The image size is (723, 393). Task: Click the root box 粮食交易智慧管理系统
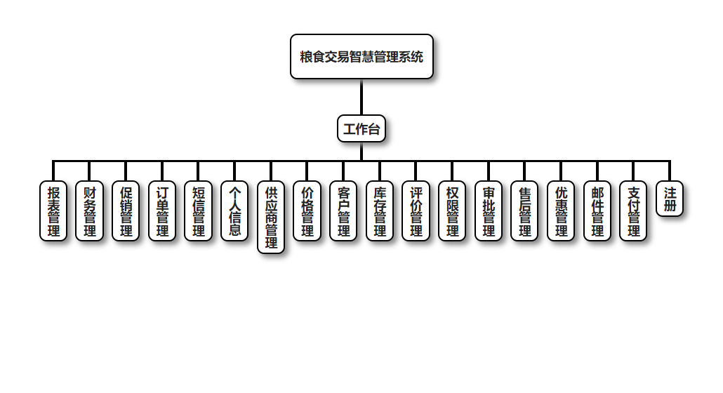click(x=361, y=57)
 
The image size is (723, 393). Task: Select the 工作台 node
click(x=361, y=128)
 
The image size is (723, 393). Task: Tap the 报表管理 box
click(x=53, y=211)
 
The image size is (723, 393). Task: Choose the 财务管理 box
click(x=90, y=211)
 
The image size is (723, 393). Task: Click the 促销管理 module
click(x=126, y=211)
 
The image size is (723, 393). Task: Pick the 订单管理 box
click(x=162, y=211)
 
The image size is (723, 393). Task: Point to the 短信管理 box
click(x=199, y=211)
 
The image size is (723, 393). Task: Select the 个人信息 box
click(x=234, y=211)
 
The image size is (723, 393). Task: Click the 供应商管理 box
click(x=271, y=217)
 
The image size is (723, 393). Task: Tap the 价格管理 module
click(x=307, y=211)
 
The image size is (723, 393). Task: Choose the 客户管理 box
click(x=343, y=211)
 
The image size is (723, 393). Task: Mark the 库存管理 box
click(x=380, y=211)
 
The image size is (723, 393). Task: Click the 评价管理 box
click(x=416, y=211)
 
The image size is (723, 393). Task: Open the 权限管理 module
click(x=452, y=211)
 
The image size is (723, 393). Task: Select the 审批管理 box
click(x=489, y=211)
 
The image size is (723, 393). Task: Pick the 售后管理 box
click(x=524, y=211)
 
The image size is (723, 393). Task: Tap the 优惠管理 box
click(x=561, y=211)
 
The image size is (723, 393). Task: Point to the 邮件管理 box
click(x=597, y=211)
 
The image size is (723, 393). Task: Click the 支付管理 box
click(x=633, y=211)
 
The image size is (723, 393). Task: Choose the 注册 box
click(x=670, y=199)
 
